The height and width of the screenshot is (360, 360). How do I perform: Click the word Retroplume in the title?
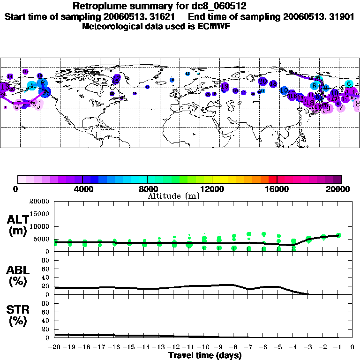(99, 7)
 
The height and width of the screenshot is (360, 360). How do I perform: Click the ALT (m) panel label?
(19, 225)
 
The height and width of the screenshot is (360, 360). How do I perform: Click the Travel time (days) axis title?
(205, 355)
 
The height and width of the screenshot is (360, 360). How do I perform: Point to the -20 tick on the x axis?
(54, 347)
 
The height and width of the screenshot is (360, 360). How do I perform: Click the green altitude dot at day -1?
(338, 235)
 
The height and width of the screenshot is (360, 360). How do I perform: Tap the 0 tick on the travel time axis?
(352, 347)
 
